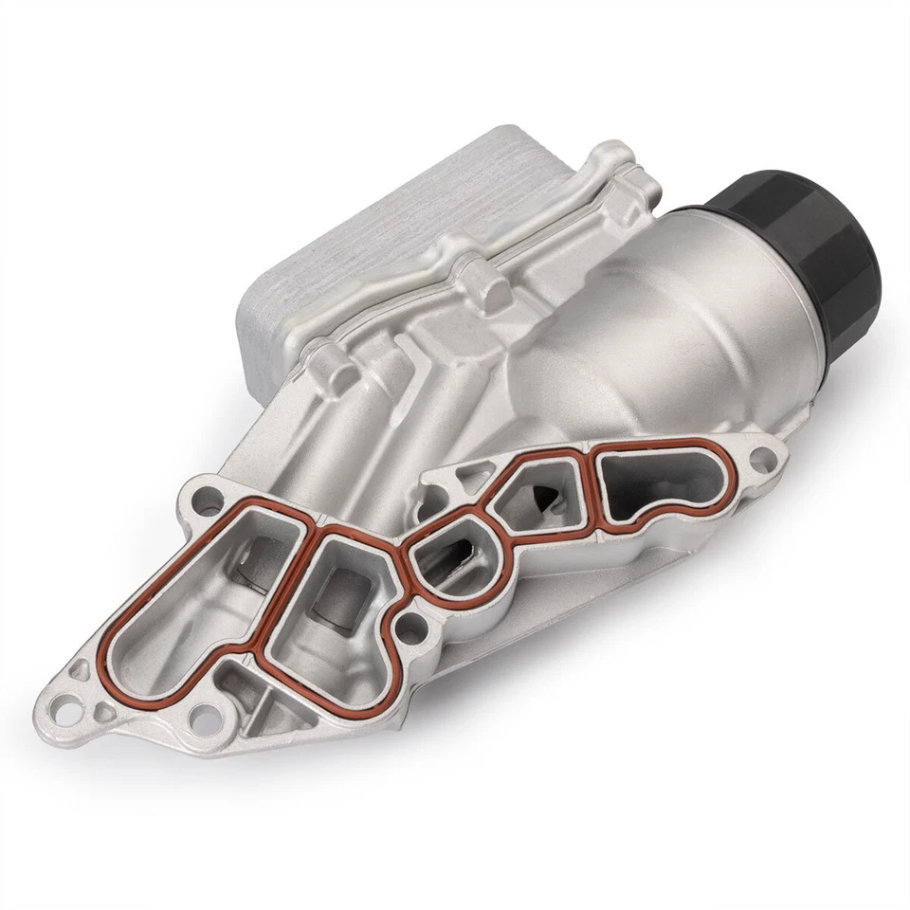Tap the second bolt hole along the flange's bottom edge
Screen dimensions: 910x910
(x=202, y=719)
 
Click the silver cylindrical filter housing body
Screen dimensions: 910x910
(x=664, y=332)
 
